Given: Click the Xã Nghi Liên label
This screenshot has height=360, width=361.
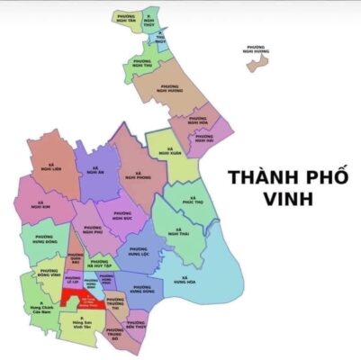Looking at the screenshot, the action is [x=48, y=167].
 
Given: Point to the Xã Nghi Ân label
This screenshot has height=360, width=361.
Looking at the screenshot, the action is [x=96, y=170].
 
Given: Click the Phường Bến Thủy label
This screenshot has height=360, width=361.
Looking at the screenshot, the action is [x=136, y=324].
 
